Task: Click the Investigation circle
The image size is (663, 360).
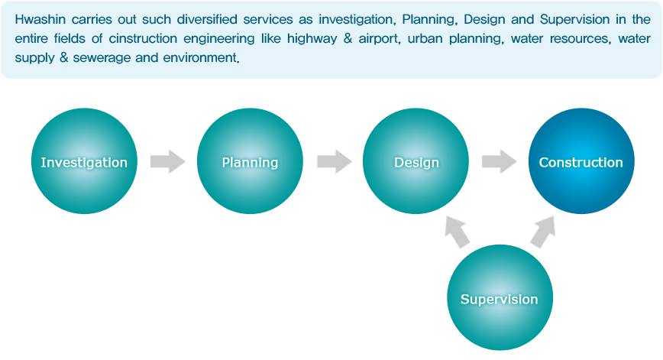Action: (x=84, y=161)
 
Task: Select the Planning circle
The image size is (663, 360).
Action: (x=250, y=161)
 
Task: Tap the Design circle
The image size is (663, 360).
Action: (x=416, y=161)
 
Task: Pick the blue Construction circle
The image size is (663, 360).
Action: (x=581, y=161)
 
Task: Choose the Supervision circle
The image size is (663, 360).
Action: (x=500, y=297)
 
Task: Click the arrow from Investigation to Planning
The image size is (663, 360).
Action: (x=168, y=161)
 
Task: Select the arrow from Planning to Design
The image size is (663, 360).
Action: (x=335, y=161)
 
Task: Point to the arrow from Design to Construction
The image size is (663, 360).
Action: (x=500, y=161)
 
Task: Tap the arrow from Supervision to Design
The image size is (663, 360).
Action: (x=457, y=232)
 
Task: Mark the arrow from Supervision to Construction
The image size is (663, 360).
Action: (x=543, y=232)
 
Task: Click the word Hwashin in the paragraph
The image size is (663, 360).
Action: (x=40, y=19)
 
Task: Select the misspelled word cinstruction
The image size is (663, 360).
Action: (x=143, y=38)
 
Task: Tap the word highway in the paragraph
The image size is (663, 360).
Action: (x=312, y=39)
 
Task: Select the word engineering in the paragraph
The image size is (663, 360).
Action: (x=219, y=39)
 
